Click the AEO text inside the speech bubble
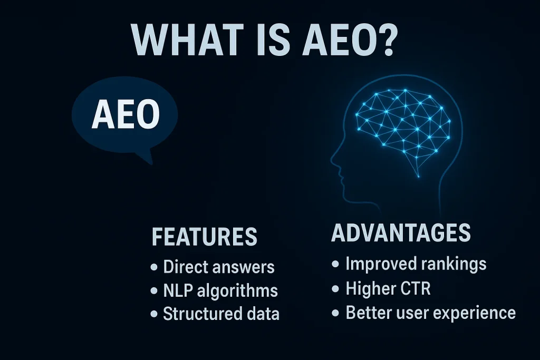point(125,114)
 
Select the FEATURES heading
point(204,237)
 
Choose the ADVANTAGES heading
point(401,233)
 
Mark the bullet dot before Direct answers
point(153,267)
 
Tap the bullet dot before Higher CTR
point(335,289)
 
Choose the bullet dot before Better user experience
point(335,313)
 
